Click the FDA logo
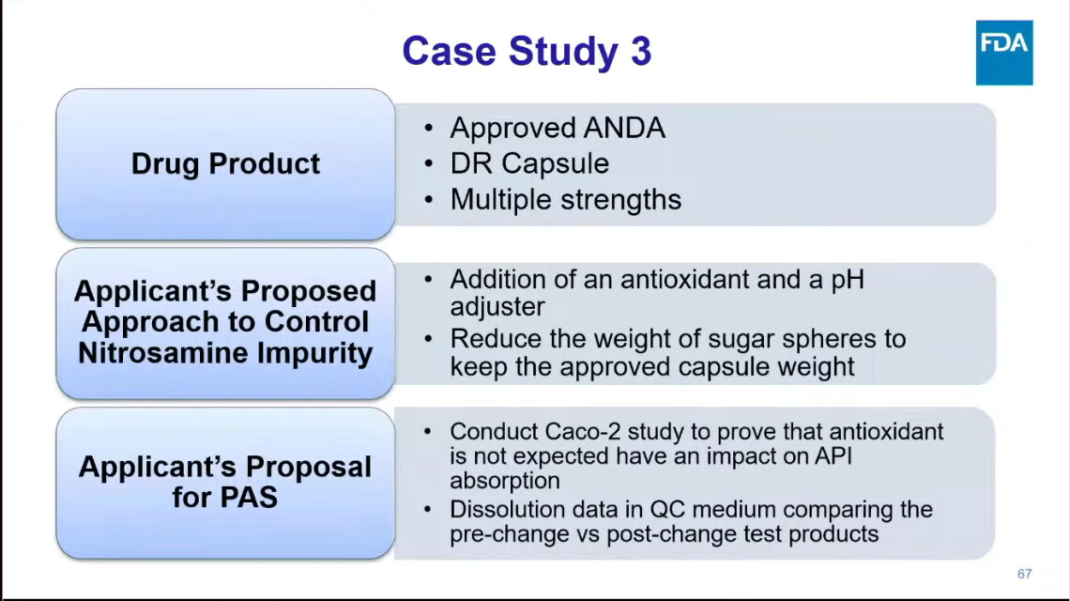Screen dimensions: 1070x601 (x=1003, y=53)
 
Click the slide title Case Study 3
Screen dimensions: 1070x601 (x=527, y=52)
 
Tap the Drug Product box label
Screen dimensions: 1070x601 (x=225, y=164)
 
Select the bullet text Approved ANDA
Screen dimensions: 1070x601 (x=558, y=128)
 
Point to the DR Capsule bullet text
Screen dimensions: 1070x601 (x=529, y=164)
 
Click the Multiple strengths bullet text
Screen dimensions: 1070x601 (x=566, y=199)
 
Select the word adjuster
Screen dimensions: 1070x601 (x=497, y=307)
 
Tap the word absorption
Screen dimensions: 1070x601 (x=505, y=481)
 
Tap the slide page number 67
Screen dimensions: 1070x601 (x=1024, y=575)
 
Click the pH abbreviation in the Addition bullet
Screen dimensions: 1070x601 (x=848, y=280)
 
